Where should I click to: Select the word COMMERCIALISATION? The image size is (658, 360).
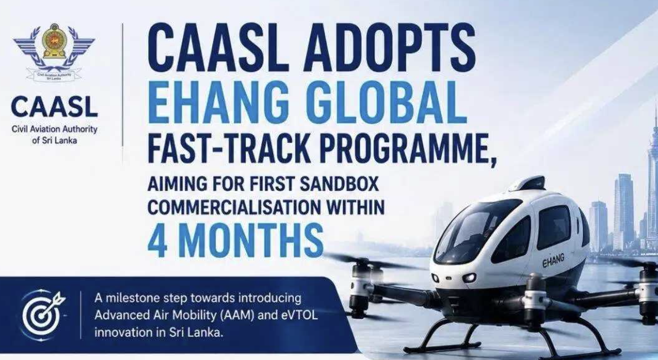click(x=234, y=206)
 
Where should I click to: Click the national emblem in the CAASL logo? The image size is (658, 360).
click(x=54, y=41)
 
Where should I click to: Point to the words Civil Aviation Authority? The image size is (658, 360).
click(x=55, y=129)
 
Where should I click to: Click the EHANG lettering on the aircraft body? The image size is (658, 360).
click(x=553, y=261)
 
